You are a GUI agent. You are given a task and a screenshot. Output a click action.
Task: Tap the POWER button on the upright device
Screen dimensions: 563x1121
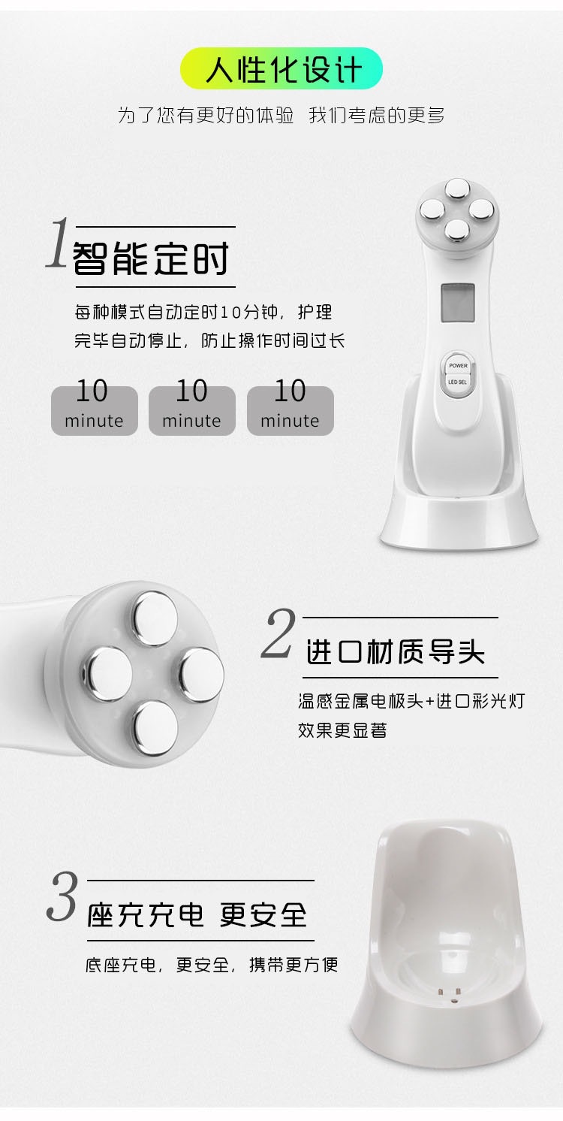pyautogui.click(x=458, y=365)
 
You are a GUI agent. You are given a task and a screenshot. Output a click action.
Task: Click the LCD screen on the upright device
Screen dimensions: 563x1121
pyautogui.click(x=457, y=303)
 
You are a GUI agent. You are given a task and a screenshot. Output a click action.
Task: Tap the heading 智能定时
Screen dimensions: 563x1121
pyautogui.click(x=150, y=258)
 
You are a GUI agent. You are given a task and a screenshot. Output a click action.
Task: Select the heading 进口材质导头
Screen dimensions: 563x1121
pyautogui.click(x=395, y=651)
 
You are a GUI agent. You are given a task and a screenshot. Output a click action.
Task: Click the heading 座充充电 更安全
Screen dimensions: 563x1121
pyautogui.click(x=197, y=915)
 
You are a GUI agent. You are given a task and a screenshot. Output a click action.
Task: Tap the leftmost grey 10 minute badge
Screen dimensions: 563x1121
pyautogui.click(x=94, y=410)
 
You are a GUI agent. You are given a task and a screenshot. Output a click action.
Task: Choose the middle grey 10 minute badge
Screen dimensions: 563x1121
pyautogui.click(x=192, y=410)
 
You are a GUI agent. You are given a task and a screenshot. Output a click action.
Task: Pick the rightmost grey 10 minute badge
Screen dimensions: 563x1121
pyautogui.click(x=290, y=410)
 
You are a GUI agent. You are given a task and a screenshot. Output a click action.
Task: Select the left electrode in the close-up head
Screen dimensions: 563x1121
pyautogui.click(x=107, y=674)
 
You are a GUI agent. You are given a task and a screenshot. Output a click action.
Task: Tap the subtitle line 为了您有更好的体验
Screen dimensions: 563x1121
pyautogui.click(x=206, y=116)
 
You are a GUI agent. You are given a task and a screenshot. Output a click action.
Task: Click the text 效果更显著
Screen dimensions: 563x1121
pyautogui.click(x=342, y=730)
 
